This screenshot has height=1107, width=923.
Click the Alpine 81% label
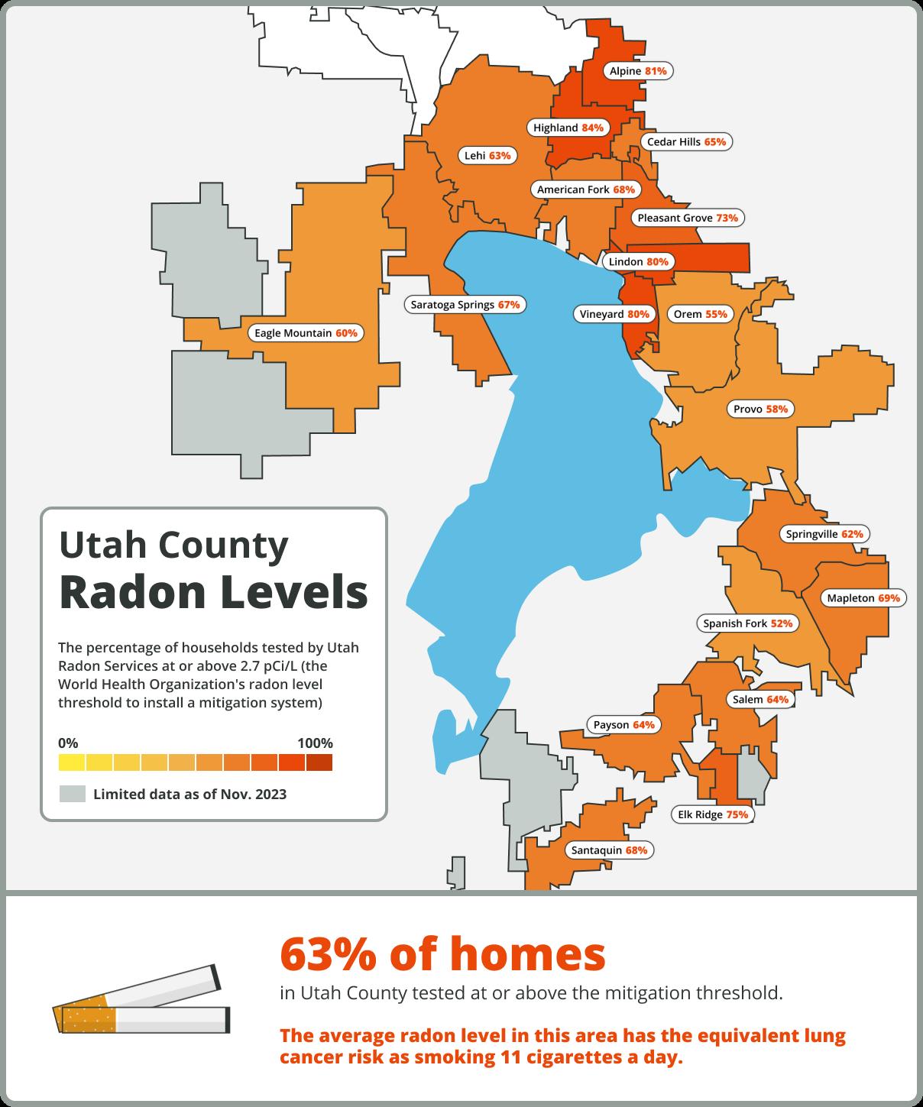point(638,71)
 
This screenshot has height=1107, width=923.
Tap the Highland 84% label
point(568,128)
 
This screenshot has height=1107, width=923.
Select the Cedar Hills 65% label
point(686,142)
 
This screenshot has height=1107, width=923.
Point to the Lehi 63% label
point(487,156)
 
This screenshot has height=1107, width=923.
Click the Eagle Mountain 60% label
point(306,333)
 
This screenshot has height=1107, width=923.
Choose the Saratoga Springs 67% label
point(465,305)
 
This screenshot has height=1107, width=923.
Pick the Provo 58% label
point(760,409)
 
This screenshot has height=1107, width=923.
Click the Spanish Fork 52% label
point(748,623)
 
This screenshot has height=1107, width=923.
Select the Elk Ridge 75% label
point(713,814)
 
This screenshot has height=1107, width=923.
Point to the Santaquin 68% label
point(610,850)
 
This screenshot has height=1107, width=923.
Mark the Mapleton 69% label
point(863,598)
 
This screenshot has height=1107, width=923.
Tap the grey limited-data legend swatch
point(72,794)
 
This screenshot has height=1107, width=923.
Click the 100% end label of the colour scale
point(315,743)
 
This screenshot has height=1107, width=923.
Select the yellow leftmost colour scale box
point(72,762)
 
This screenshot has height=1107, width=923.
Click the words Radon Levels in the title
point(213,592)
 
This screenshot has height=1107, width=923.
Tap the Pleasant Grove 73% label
point(688,218)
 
